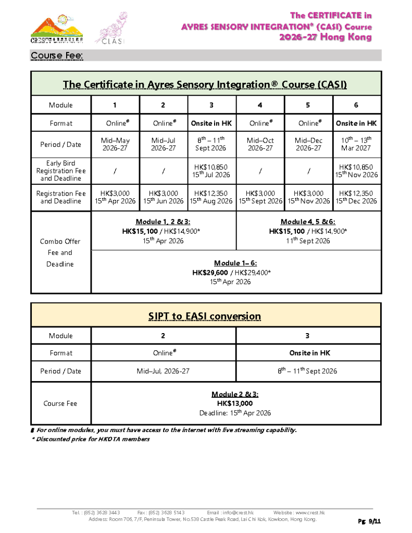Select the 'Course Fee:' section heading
[x=57, y=56]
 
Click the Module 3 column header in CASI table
[x=211, y=105]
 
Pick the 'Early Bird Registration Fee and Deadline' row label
[x=61, y=171]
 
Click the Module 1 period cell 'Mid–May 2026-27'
[x=115, y=144]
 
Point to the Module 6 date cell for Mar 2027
[x=356, y=144]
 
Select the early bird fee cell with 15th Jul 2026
[x=211, y=171]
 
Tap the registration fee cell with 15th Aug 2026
[x=211, y=197]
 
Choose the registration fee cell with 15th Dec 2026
[x=356, y=197]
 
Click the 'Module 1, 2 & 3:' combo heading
[x=163, y=222]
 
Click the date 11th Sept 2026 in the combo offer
[x=308, y=240]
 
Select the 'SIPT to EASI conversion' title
[x=206, y=316]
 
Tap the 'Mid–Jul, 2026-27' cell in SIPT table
[x=163, y=371]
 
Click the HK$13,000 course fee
[x=234, y=403]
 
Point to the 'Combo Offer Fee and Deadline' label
[x=61, y=252]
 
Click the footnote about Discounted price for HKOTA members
[x=91, y=439]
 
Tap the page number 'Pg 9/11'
[x=369, y=521]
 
